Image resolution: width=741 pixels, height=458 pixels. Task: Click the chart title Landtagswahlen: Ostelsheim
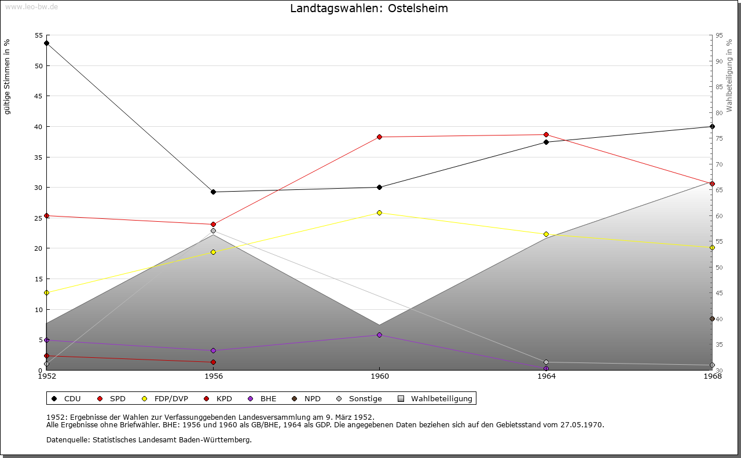pos(369,9)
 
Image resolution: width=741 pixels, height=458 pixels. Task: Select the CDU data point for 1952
pos(46,43)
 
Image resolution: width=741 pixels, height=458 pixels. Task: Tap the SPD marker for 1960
pos(379,137)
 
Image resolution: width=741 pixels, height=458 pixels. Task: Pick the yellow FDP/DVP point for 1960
pos(379,212)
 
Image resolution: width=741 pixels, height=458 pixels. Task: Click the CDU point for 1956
pos(213,192)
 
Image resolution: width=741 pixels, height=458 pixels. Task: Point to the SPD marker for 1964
pos(546,134)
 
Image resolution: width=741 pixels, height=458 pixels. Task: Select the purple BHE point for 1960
pos(379,335)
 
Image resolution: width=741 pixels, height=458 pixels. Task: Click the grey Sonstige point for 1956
pos(213,230)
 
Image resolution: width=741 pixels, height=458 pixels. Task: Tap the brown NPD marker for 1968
pos(712,318)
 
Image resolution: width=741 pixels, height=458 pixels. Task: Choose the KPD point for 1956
pos(213,362)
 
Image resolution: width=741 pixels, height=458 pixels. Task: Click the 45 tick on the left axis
pos(39,96)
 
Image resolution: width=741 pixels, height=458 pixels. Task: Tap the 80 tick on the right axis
pos(720,113)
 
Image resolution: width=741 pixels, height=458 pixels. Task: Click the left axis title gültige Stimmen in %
pos(8,76)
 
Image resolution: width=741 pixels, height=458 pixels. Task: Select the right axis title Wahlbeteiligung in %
pos(729,75)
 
